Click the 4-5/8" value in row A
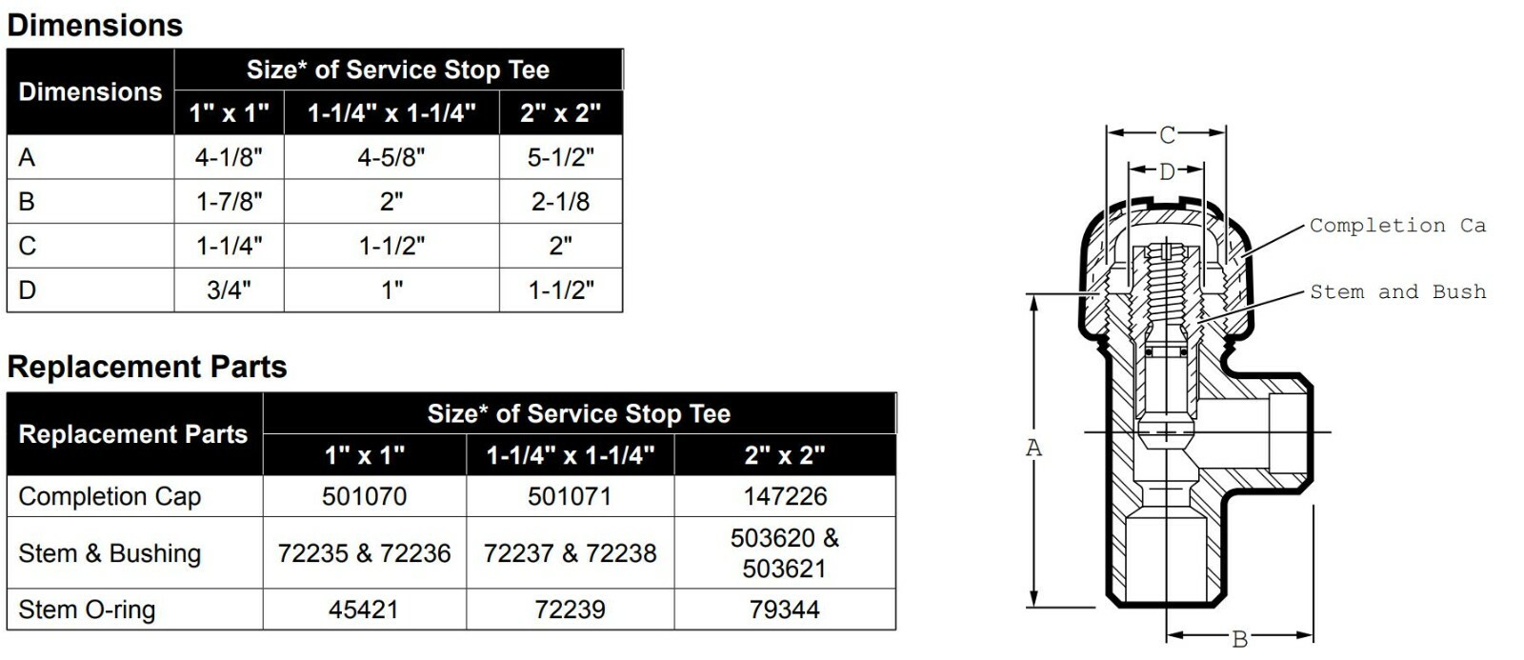click(391, 157)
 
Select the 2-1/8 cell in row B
click(560, 202)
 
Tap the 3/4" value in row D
click(229, 290)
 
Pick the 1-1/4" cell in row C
click(229, 246)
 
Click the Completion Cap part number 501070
click(364, 496)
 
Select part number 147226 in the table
click(785, 496)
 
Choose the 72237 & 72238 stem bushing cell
click(570, 553)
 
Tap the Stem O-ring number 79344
click(785, 610)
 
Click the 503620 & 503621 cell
click(785, 553)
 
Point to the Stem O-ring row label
click(87, 610)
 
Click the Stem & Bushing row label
click(110, 553)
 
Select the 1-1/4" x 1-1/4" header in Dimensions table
click(391, 113)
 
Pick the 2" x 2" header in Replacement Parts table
click(785, 455)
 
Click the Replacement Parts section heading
click(147, 367)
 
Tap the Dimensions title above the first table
click(94, 25)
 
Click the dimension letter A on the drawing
click(1033, 448)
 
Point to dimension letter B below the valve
click(1239, 639)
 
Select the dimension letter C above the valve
click(1167, 135)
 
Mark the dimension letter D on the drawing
click(1167, 172)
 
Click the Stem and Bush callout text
click(1397, 292)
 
